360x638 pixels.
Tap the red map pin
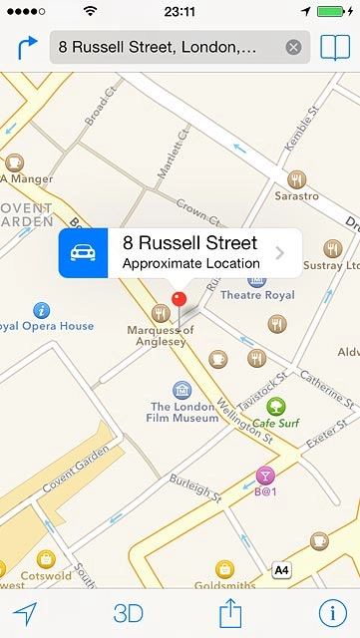click(x=180, y=299)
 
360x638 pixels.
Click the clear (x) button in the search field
click(x=293, y=47)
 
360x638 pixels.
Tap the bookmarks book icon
click(x=335, y=47)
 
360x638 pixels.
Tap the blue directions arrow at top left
click(x=27, y=47)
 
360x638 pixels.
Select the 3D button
click(x=129, y=613)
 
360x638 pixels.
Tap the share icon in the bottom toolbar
click(x=231, y=612)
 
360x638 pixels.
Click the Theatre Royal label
click(x=257, y=295)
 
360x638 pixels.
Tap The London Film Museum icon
click(x=181, y=390)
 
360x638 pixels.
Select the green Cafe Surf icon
click(x=275, y=406)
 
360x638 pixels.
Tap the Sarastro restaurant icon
click(x=296, y=179)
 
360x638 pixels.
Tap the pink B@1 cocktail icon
click(x=265, y=475)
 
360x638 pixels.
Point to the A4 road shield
click(x=282, y=570)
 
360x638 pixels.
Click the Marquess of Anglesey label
click(x=156, y=336)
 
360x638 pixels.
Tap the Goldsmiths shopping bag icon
click(x=224, y=568)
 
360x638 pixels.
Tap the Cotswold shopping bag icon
click(x=45, y=559)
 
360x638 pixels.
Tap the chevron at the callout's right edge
click(x=280, y=253)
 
